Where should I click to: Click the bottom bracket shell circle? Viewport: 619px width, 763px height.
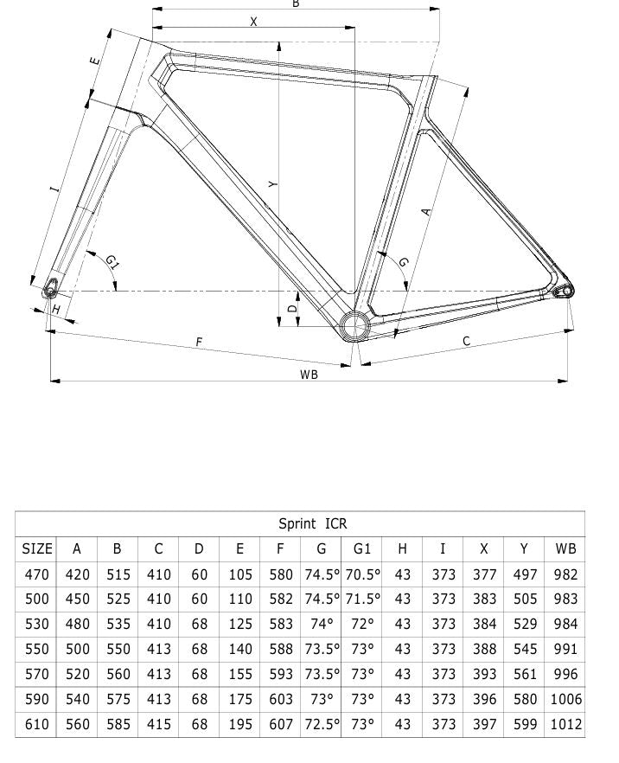click(354, 325)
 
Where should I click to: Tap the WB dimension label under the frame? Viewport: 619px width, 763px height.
click(309, 375)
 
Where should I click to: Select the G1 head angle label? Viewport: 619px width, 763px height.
click(112, 261)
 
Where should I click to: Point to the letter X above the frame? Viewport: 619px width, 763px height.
click(253, 22)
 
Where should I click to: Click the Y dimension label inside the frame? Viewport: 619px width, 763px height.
click(272, 184)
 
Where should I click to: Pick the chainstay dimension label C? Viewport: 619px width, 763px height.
click(467, 341)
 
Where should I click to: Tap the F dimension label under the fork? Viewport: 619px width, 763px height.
click(199, 343)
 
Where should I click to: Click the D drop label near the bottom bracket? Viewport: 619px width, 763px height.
click(292, 308)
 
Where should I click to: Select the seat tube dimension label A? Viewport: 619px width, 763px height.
click(425, 210)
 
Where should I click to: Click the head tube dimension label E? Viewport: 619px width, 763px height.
click(95, 61)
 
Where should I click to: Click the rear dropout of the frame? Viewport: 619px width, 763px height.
click(564, 290)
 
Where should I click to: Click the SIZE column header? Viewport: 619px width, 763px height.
click(37, 548)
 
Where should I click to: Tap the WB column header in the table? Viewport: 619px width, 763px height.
click(565, 548)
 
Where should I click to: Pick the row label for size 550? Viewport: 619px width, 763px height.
click(37, 649)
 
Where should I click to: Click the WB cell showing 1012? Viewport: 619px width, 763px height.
click(565, 724)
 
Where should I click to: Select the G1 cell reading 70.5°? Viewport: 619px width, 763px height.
click(362, 574)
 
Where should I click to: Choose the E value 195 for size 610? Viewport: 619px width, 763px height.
click(239, 724)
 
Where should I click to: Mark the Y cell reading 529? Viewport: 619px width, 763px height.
click(524, 624)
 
